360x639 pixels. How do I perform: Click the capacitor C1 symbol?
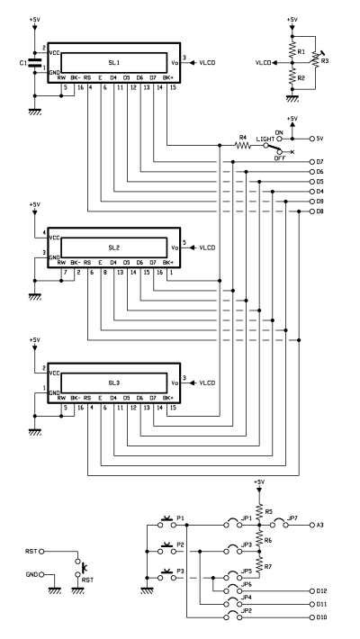[35, 63]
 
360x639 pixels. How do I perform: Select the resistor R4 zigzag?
[243, 145]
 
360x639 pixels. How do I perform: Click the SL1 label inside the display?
[113, 63]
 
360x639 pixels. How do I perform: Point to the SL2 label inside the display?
[113, 247]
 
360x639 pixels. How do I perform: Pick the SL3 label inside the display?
[113, 383]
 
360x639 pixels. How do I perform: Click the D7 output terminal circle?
[312, 162]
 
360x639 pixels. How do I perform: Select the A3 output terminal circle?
[312, 526]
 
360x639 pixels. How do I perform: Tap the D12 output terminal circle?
[312, 591]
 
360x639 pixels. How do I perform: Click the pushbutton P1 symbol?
[166, 523]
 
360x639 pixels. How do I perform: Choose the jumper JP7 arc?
[279, 522]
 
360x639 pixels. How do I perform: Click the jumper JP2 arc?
[234, 615]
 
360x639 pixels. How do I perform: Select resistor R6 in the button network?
[259, 539]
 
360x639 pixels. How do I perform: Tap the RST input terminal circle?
[41, 552]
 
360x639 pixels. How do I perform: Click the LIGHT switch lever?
[272, 148]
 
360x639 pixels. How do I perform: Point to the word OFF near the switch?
[279, 157]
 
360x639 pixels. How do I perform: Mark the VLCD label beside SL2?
[207, 247]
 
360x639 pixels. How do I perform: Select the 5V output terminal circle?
[312, 139]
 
